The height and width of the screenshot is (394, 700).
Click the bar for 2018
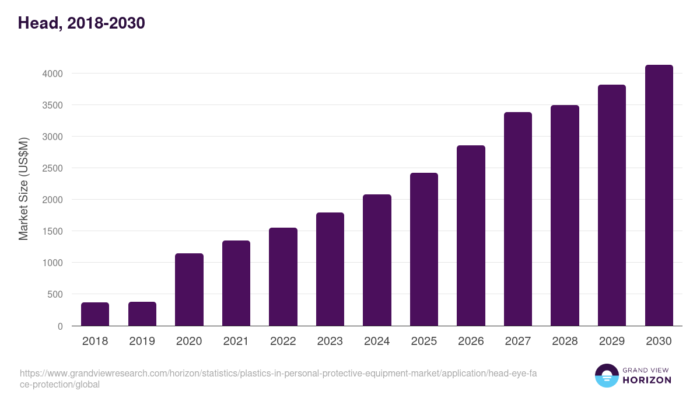[x=95, y=314]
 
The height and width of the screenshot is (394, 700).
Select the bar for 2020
[x=189, y=290]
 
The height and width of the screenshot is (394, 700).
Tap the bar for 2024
[x=377, y=260]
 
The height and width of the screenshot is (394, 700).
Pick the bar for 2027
[x=518, y=219]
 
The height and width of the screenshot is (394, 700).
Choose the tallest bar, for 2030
[x=659, y=196]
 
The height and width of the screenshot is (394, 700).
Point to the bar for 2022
[x=283, y=277]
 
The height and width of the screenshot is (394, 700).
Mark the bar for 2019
[x=142, y=314]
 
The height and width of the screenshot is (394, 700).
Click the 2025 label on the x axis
[x=423, y=341]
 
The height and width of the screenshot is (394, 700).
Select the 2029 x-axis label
[x=611, y=341]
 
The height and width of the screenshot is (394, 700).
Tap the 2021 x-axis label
[x=236, y=341]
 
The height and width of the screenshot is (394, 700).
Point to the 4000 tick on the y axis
[x=52, y=74]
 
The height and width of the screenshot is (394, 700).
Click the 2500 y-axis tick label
[x=52, y=168]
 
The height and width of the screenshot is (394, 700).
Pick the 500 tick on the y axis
[x=55, y=294]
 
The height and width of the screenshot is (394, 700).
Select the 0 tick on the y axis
[x=60, y=326]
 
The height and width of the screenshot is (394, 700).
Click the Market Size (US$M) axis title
[x=23, y=189]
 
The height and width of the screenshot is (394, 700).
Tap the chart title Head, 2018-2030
[x=81, y=23]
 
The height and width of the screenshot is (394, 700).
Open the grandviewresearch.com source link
[x=278, y=379]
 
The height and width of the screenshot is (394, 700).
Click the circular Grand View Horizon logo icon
[x=607, y=375]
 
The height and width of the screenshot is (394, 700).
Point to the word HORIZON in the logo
[x=647, y=380]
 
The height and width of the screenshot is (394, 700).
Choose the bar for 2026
[x=471, y=236]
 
